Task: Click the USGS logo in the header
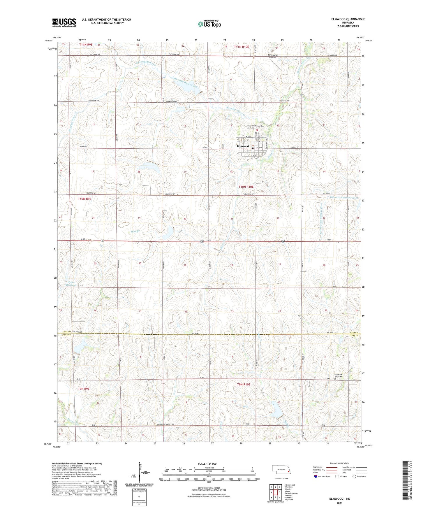click(64, 22)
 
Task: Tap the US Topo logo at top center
click(209, 24)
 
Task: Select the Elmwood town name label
click(243, 146)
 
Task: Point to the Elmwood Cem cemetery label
click(259, 126)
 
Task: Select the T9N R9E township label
click(84, 389)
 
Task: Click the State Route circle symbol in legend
click(354, 476)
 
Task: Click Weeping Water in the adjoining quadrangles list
click(292, 493)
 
